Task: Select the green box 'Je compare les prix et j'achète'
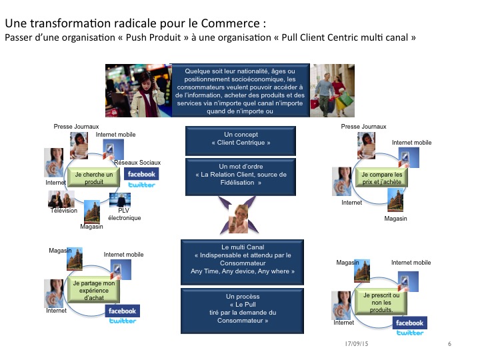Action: pyautogui.click(x=379, y=178)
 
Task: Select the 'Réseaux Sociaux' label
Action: pyautogui.click(x=137, y=163)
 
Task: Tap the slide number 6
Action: pyautogui.click(x=449, y=344)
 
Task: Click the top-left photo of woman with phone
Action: pyautogui.click(x=137, y=90)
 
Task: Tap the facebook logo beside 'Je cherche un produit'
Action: pyautogui.click(x=140, y=175)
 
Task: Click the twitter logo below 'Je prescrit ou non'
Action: pyautogui.click(x=409, y=333)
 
